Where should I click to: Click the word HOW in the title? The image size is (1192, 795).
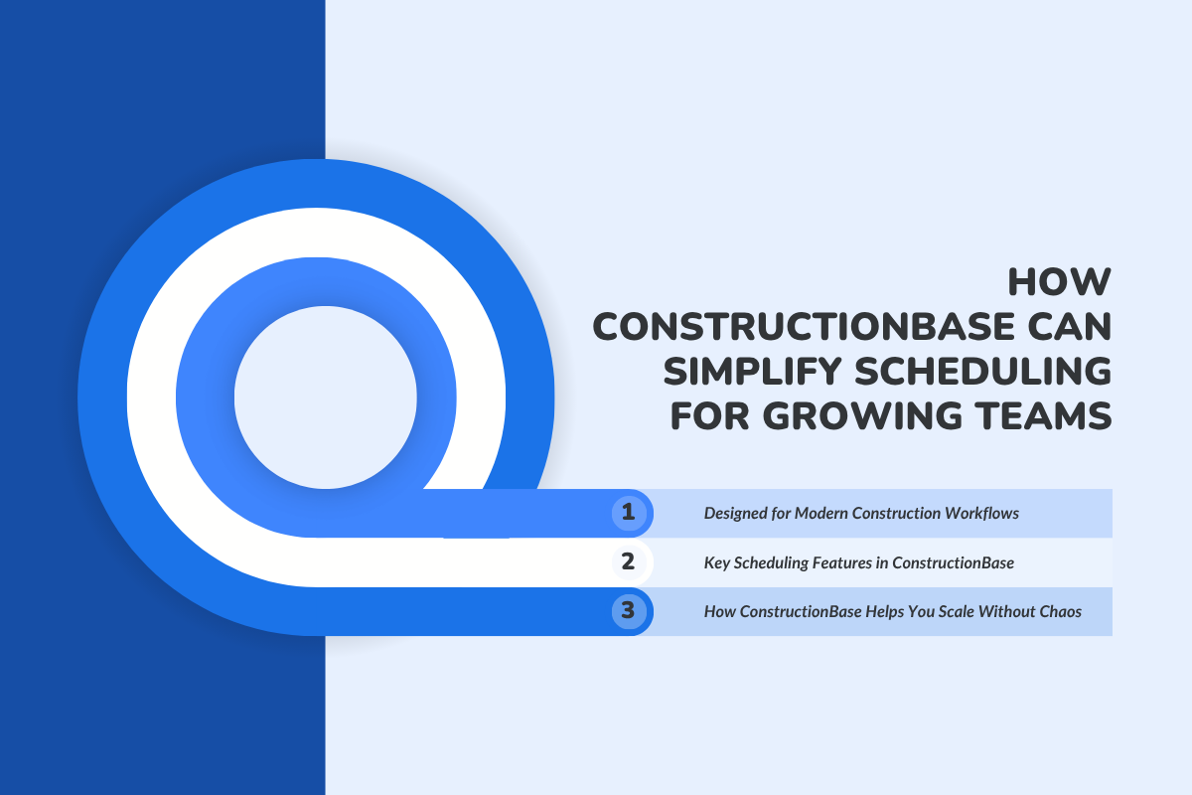click(1059, 282)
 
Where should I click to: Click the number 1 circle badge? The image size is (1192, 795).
click(628, 513)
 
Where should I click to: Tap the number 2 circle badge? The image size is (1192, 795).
click(628, 561)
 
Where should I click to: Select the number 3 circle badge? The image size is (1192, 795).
click(628, 610)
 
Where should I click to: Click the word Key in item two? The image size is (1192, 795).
click(716, 562)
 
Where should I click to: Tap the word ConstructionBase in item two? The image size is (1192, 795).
click(954, 562)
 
